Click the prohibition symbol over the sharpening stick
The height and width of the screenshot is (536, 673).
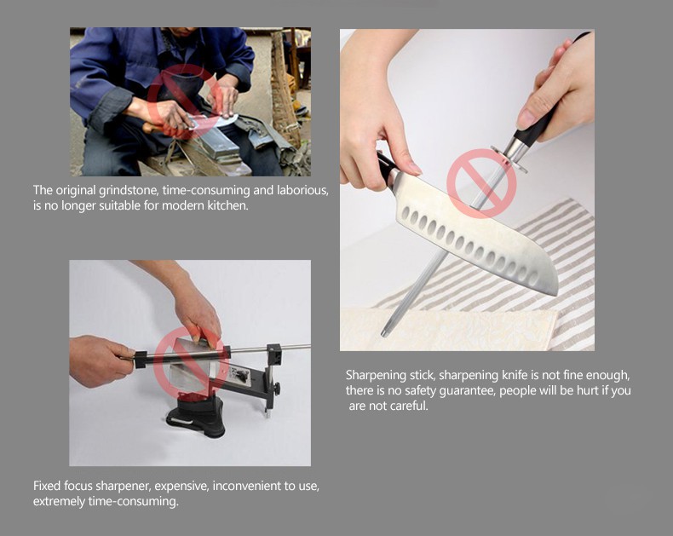coord(481,183)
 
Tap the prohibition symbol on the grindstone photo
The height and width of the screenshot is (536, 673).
coord(185,101)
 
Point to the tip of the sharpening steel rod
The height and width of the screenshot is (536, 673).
coord(383,334)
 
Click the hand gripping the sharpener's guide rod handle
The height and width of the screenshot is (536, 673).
coord(100,360)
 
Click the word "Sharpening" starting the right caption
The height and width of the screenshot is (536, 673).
coord(376,376)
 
